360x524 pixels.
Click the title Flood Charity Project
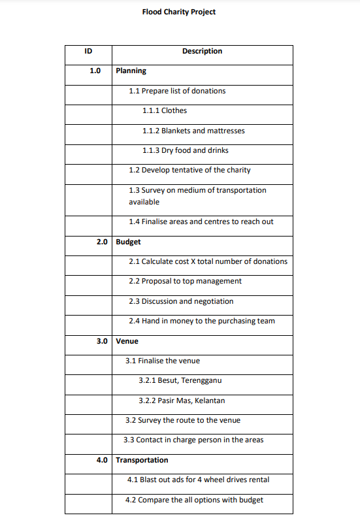pyautogui.click(x=178, y=12)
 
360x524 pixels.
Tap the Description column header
pyautogui.click(x=202, y=51)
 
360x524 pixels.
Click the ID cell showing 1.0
pyautogui.click(x=95, y=71)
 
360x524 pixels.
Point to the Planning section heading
pyautogui.click(x=131, y=71)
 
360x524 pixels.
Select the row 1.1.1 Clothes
pyautogui.click(x=164, y=110)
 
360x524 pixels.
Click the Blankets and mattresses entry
pyautogui.click(x=193, y=131)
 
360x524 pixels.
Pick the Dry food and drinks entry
pyautogui.click(x=185, y=150)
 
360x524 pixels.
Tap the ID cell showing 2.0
pyautogui.click(x=101, y=242)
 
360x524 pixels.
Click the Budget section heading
pyautogui.click(x=128, y=242)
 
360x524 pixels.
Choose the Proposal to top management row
pyautogui.click(x=185, y=281)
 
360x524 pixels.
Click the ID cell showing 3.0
pyautogui.click(x=101, y=341)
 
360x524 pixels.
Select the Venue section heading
pyautogui.click(x=127, y=341)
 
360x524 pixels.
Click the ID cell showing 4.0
pyautogui.click(x=101, y=460)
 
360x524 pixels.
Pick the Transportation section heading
pyautogui.click(x=142, y=460)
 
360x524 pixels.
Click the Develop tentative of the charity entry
pyautogui.click(x=189, y=170)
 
